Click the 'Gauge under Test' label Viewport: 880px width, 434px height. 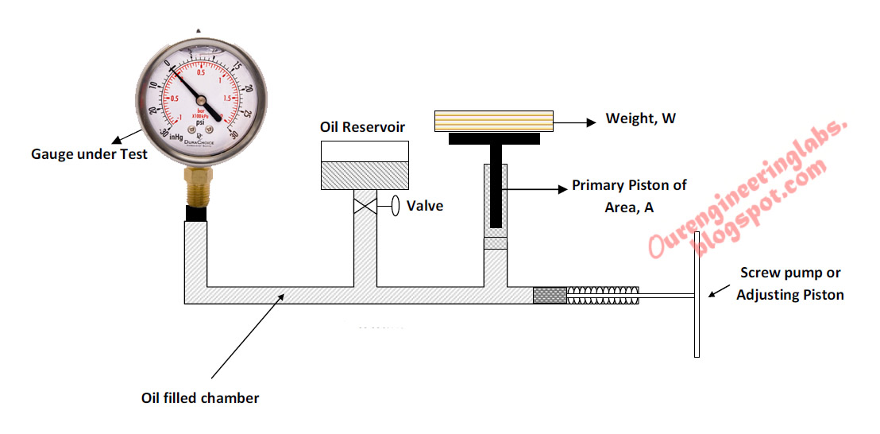point(89,154)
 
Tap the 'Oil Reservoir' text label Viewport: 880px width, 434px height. point(362,127)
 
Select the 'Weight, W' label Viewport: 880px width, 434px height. point(640,119)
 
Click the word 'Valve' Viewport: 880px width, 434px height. point(425,206)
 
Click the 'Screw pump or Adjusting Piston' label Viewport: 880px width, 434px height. point(789,283)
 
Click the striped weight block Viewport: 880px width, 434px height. point(493,121)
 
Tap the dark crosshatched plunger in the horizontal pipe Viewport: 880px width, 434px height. point(550,295)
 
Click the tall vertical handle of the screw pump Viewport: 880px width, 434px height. point(697,294)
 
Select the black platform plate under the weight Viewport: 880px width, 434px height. point(494,139)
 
